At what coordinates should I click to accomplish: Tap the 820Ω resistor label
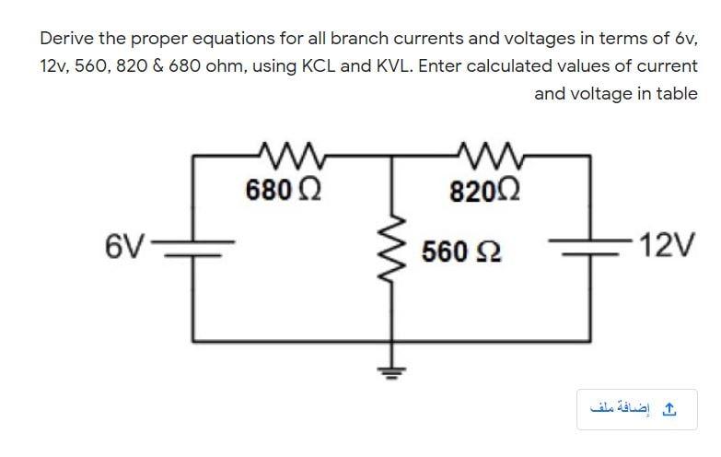point(486,192)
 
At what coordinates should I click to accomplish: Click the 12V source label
point(671,247)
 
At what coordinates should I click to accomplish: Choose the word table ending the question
point(675,93)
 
